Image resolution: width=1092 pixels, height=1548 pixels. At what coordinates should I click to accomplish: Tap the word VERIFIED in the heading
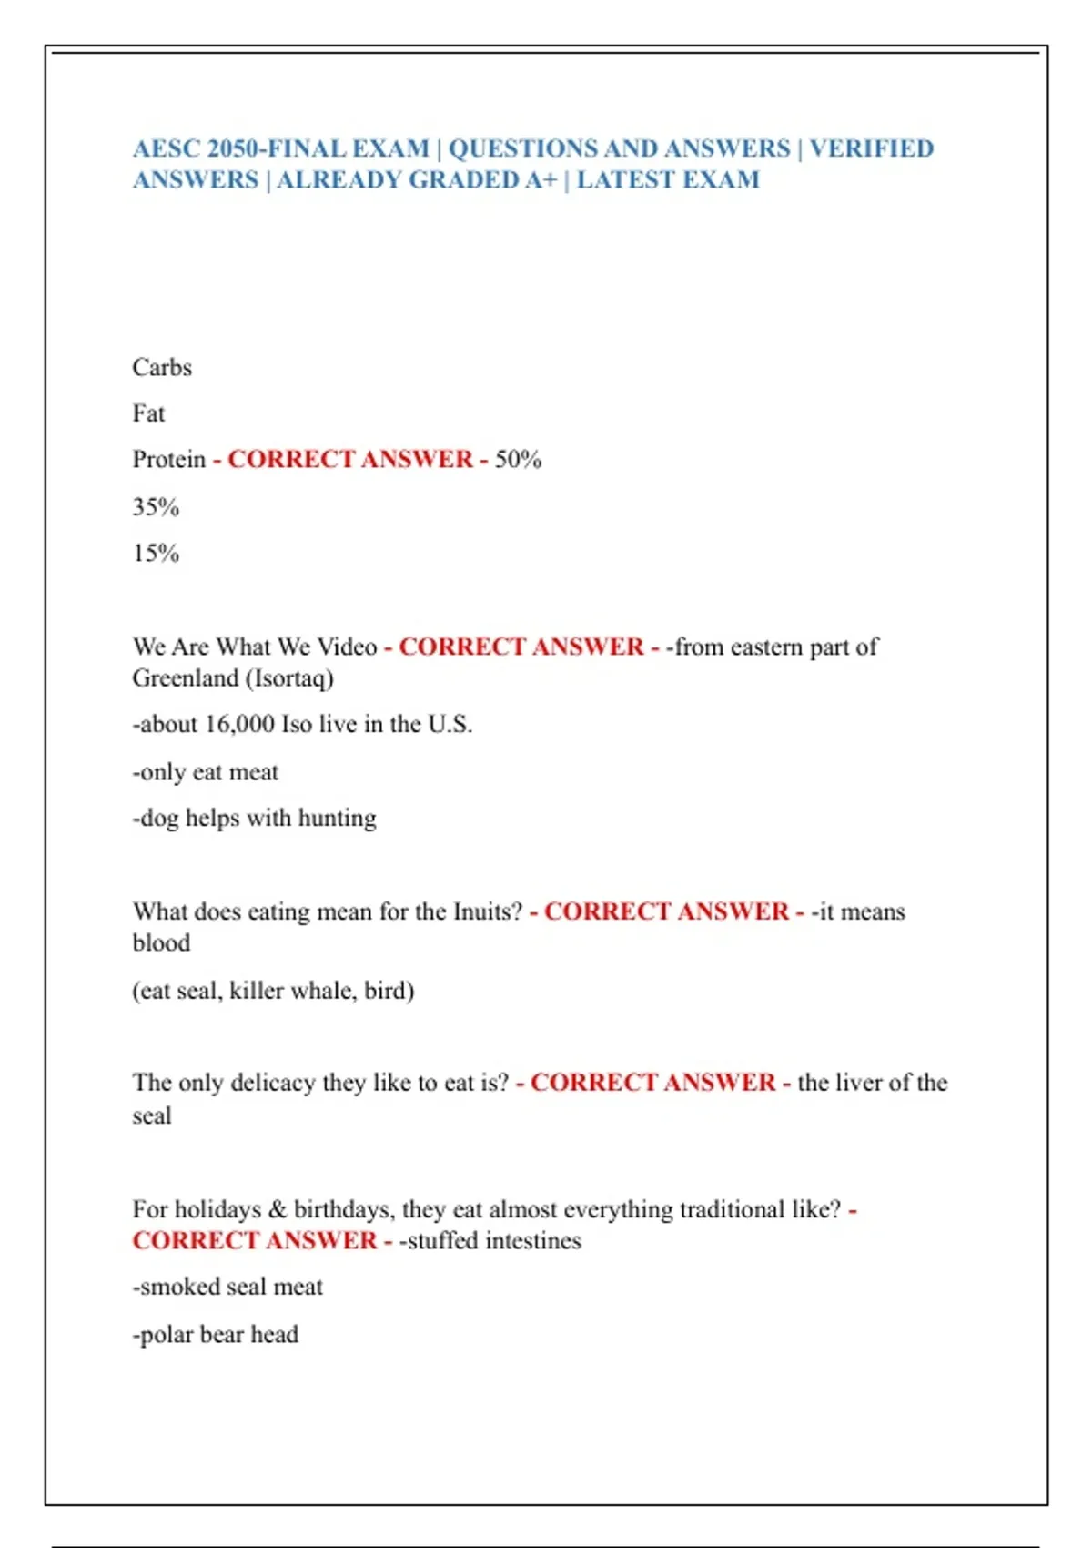[x=871, y=148]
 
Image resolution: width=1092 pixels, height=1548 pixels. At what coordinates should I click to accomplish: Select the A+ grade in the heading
[x=541, y=180]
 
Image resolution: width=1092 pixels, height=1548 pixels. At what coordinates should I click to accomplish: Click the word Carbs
[x=162, y=368]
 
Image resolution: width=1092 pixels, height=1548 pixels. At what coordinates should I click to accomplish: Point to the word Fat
[x=148, y=414]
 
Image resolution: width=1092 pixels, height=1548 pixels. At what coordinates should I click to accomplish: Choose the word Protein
[x=169, y=460]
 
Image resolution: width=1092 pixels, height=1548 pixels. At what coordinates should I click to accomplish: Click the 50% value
[x=518, y=460]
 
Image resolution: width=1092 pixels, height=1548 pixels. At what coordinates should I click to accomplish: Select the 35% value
[x=156, y=507]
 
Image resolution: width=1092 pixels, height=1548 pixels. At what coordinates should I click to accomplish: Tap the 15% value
[x=156, y=554]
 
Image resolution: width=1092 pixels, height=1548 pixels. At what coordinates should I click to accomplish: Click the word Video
[x=348, y=647]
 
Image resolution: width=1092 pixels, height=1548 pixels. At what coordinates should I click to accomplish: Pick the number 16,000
[x=239, y=725]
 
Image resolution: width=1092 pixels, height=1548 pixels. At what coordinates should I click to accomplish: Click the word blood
[x=161, y=943]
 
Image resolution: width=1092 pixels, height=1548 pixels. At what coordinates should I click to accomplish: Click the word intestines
[x=533, y=1241]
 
